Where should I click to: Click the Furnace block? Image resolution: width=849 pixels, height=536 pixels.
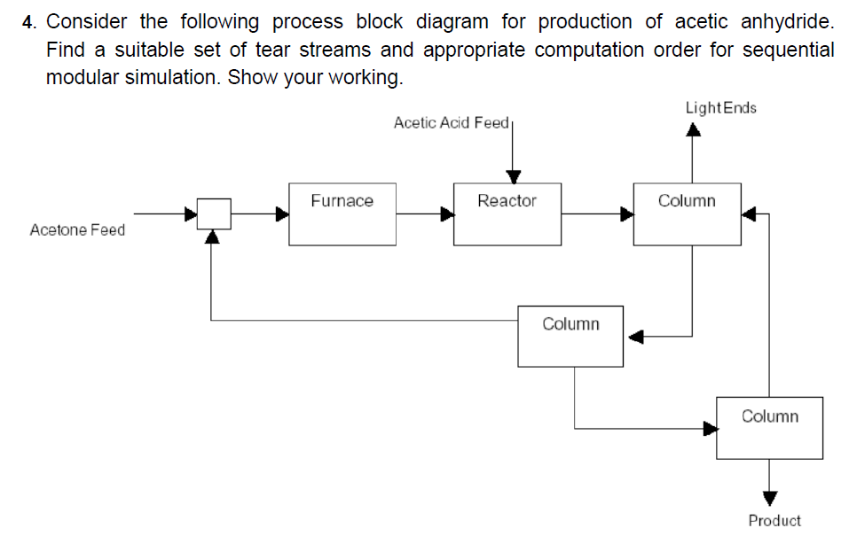click(x=342, y=214)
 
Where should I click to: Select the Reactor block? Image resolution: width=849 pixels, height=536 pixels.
click(x=507, y=214)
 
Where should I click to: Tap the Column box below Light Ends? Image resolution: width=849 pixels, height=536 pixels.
click(x=687, y=214)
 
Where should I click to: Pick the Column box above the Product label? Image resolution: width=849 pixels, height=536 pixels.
click(x=769, y=428)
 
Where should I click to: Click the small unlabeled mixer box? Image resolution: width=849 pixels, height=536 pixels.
click(x=214, y=214)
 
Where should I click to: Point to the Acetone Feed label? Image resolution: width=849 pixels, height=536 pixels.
click(x=77, y=230)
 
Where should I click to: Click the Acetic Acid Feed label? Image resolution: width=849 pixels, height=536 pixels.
click(x=451, y=122)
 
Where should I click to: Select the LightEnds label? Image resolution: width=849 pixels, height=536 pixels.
click(x=720, y=108)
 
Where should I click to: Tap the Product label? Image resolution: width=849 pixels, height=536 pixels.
click(x=774, y=520)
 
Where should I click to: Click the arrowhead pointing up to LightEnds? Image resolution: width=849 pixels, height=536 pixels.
click(x=693, y=131)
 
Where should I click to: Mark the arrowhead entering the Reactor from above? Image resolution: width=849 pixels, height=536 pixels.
click(x=512, y=175)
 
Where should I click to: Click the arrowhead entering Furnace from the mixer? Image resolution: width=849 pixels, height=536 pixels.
click(x=281, y=214)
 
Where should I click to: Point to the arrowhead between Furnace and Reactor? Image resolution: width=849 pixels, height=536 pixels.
click(x=446, y=214)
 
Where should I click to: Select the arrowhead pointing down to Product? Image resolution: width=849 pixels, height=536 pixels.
click(x=769, y=497)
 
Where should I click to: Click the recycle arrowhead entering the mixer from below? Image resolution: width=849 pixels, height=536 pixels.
click(x=211, y=237)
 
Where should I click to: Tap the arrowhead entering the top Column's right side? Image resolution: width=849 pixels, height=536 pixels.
click(x=749, y=214)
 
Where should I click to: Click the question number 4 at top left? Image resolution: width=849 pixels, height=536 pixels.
click(x=28, y=21)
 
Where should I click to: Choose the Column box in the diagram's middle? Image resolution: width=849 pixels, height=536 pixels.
click(x=570, y=336)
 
